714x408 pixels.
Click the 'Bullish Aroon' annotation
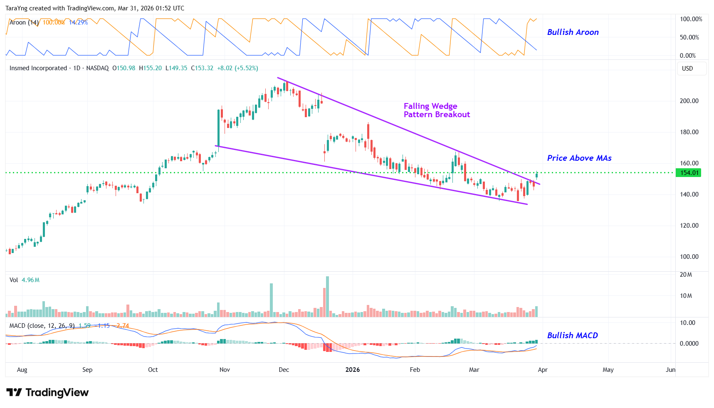573,32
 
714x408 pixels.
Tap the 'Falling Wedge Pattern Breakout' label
436,111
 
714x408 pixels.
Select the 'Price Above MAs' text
579,158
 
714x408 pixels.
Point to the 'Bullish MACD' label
572,335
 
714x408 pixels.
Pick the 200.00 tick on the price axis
689,101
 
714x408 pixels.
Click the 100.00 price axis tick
689,257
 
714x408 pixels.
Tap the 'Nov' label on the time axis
225,370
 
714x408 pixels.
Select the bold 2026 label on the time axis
353,370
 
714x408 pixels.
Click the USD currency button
687,69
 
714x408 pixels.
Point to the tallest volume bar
327,297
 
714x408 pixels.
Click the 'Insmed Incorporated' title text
38,68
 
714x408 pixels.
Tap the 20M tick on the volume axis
686,275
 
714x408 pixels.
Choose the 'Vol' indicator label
14,280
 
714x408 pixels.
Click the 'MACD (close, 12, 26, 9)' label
42,326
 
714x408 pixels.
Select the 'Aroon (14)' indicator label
24,22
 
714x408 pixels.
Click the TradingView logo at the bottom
47,393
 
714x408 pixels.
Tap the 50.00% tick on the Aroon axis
689,37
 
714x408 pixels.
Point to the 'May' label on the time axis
608,370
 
